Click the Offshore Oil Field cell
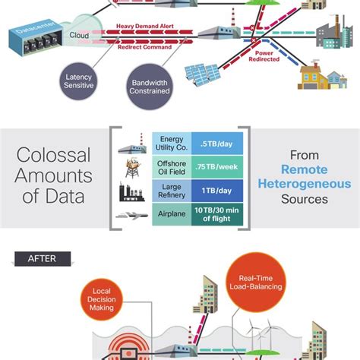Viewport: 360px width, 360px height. pos(170,166)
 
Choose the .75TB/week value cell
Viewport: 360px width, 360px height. pos(218,166)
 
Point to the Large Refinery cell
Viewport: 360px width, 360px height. pos(170,189)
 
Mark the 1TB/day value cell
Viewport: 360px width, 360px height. pos(218,189)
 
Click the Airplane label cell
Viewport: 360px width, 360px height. pos(170,214)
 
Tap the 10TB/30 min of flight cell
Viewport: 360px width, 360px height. pos(218,214)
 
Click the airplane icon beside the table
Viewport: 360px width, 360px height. pos(131,215)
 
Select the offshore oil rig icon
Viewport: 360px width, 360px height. pos(131,166)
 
